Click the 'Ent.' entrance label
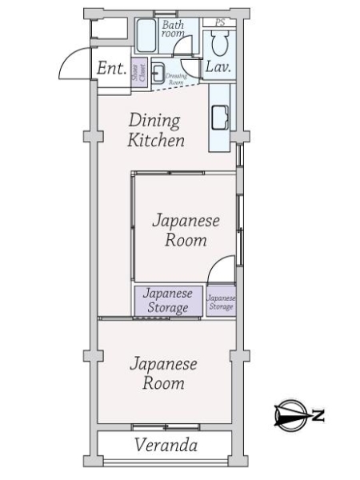click(110, 68)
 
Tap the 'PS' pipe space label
click(220, 22)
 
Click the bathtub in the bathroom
click(146, 35)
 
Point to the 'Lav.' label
click(218, 68)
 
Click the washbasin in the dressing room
click(157, 71)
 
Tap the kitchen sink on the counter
click(219, 117)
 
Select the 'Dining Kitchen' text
click(157, 131)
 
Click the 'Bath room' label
click(174, 29)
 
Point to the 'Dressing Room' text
click(176, 77)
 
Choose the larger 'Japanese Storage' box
click(168, 301)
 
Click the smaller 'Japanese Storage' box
click(221, 302)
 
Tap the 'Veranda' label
click(166, 446)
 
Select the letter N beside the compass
click(318, 415)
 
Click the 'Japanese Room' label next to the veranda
click(164, 374)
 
